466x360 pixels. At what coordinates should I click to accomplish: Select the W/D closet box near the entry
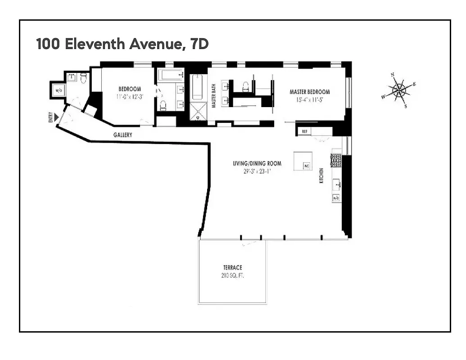click(x=59, y=90)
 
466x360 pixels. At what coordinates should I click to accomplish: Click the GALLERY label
click(x=122, y=135)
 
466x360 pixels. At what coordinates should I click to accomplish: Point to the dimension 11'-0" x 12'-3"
click(x=130, y=96)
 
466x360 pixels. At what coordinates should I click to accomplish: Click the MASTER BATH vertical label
click(x=214, y=97)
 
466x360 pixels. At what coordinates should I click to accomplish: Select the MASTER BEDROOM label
click(x=309, y=92)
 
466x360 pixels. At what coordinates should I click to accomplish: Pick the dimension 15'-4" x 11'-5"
click(x=309, y=100)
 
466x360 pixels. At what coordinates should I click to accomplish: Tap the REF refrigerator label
click(x=304, y=132)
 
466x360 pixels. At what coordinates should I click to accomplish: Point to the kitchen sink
click(x=336, y=184)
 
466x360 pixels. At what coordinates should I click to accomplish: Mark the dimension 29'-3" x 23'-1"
click(x=257, y=171)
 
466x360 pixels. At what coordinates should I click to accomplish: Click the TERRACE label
click(x=232, y=268)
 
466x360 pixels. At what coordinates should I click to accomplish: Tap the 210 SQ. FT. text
click(x=232, y=275)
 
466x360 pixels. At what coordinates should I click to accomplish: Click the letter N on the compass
click(x=393, y=75)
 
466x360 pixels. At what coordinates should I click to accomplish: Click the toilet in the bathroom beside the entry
click(x=83, y=79)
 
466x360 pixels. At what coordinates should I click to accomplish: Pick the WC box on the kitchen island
click(x=307, y=166)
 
